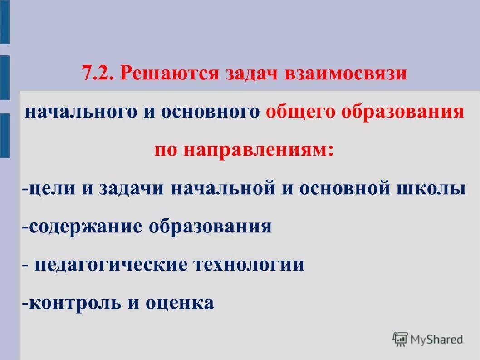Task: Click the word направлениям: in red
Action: pos(259,150)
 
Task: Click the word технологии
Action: pos(249,264)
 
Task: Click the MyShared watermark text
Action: pos(436,339)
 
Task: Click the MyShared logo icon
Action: pos(400,339)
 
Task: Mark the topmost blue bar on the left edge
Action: pos(4,22)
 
